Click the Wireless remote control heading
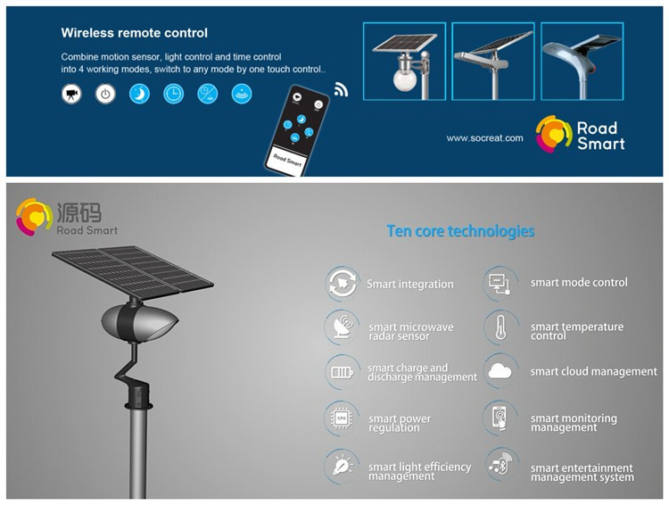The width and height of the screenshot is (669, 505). tap(134, 33)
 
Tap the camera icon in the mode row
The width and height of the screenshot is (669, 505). tap(71, 94)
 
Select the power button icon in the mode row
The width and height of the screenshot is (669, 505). tap(105, 94)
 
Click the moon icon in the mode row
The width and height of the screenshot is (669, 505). tap(139, 94)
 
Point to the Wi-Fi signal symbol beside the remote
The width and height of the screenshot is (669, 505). tap(341, 89)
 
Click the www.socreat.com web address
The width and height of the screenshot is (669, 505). tap(484, 138)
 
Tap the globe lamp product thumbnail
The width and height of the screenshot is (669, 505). tap(404, 62)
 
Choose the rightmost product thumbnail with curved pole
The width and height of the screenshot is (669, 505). tap(582, 62)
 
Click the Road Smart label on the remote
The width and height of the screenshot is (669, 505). tap(287, 160)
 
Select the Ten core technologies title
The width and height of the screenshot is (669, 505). tap(460, 231)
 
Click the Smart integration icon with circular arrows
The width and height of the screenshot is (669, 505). tap(343, 283)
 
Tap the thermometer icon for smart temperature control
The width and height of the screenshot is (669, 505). tap(501, 327)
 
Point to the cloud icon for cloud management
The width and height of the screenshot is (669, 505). tap(500, 371)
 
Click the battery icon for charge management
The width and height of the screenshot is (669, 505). tap(343, 372)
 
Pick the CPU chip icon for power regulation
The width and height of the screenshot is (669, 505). tap(342, 418)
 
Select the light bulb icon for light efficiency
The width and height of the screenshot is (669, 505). tap(343, 466)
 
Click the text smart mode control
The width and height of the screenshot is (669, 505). tap(579, 282)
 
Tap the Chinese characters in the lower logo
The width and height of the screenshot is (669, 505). tap(79, 212)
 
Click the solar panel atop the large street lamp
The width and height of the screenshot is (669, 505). tap(132, 269)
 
